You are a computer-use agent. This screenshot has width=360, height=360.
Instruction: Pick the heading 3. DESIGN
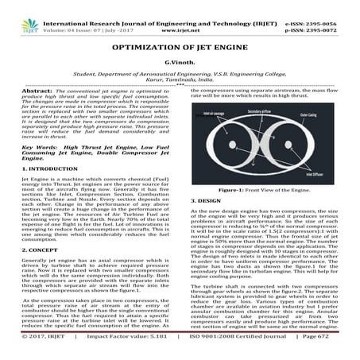204,202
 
